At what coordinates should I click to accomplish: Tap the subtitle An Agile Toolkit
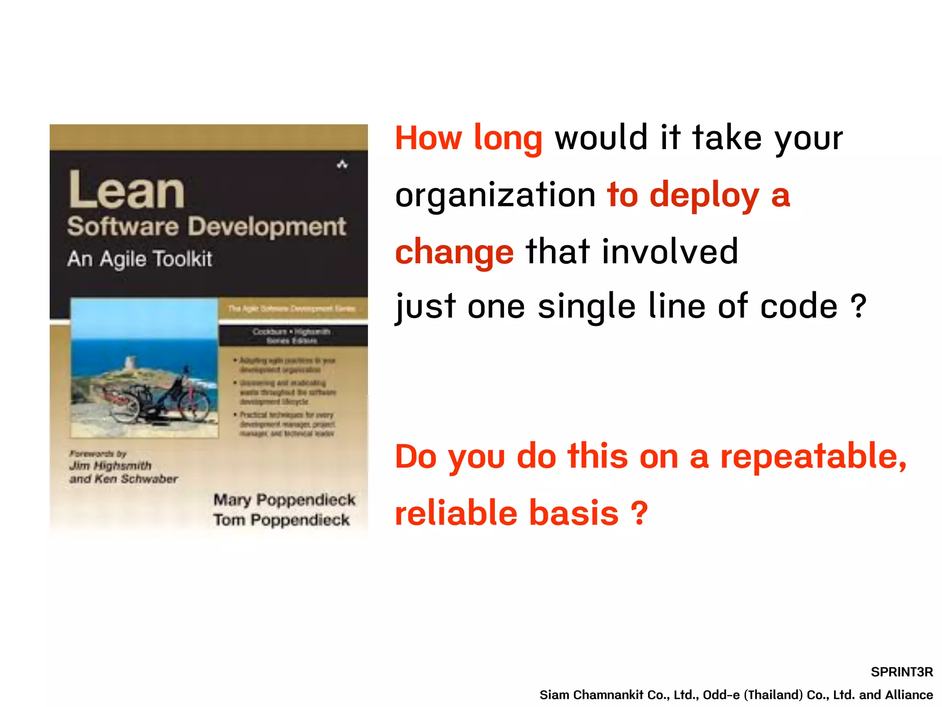point(139,259)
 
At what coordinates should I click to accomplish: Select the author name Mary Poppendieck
point(284,500)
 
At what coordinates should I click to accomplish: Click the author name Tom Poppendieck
point(281,520)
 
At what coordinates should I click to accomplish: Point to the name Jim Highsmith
point(110,466)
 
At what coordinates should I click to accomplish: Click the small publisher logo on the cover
point(342,164)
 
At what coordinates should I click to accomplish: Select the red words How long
point(468,138)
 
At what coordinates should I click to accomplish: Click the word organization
point(495,195)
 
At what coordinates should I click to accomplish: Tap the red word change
point(454,252)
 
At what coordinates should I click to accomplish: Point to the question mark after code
point(858,306)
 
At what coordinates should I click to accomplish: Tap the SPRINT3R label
point(902,672)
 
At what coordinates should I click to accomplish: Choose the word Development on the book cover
point(267,226)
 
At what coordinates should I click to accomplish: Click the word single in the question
point(586,307)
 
